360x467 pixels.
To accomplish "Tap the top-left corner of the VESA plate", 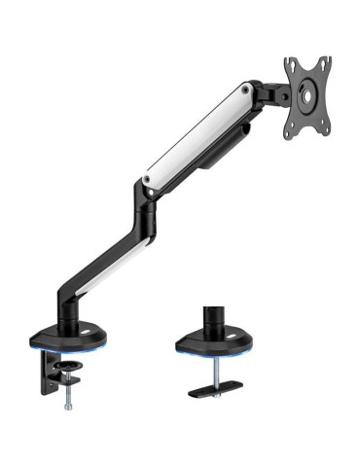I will pos(288,60).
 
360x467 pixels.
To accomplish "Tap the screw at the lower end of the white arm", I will pos(147,179).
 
